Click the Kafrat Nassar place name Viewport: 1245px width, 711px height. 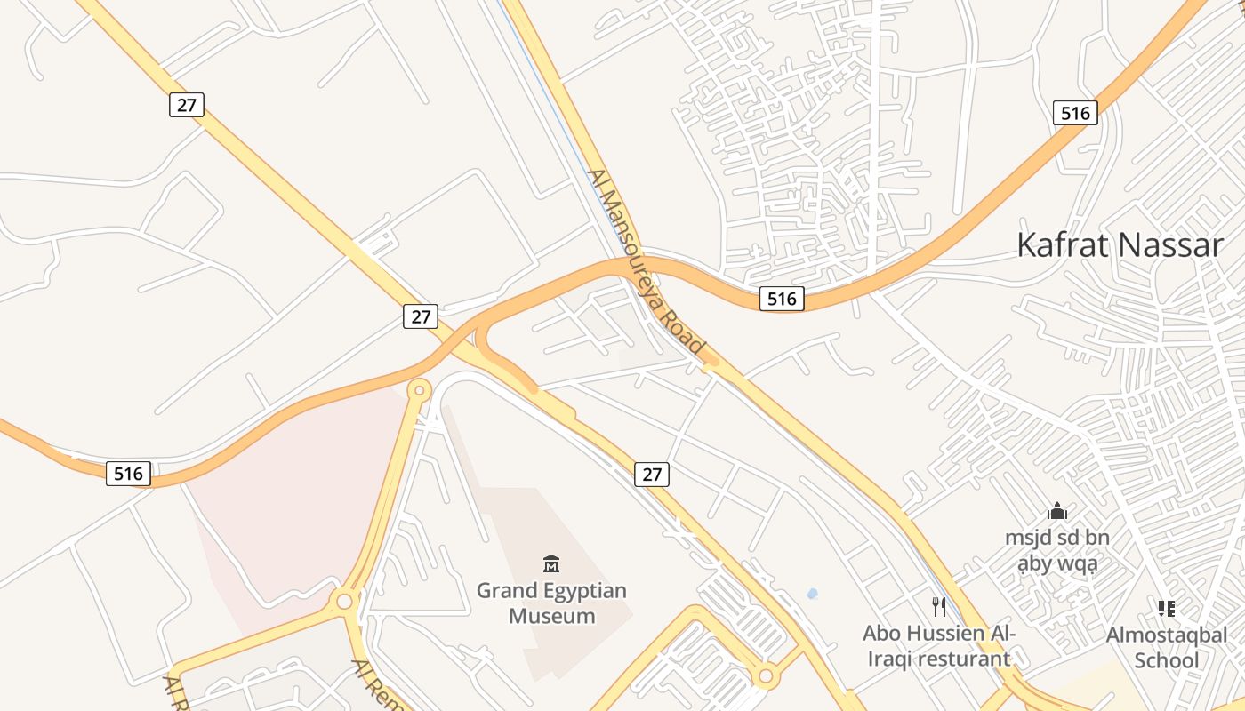[x=1120, y=244]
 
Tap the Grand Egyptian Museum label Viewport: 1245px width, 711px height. [x=551, y=603]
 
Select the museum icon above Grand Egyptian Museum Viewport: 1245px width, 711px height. [x=551, y=563]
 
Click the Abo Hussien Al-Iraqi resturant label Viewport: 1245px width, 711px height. [x=938, y=646]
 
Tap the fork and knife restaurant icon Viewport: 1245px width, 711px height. [x=939, y=607]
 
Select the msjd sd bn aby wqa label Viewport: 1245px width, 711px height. [x=1057, y=550]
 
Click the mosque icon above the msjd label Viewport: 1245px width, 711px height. [x=1057, y=511]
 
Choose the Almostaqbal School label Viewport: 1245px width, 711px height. [x=1166, y=647]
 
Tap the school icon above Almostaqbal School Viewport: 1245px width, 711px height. [x=1167, y=609]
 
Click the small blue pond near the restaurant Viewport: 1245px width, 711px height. [x=811, y=594]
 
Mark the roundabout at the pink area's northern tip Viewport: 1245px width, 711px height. [x=419, y=389]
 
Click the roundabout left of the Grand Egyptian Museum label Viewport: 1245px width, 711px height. [x=344, y=602]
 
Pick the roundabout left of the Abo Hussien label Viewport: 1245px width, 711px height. [x=765, y=677]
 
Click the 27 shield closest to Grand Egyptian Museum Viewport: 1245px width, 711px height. [x=652, y=475]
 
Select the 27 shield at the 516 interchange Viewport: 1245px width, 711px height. [x=421, y=316]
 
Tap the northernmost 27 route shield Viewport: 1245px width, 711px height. [x=187, y=105]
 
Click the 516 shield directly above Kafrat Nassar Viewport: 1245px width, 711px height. [x=1075, y=113]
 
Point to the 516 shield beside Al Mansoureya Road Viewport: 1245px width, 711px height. [x=782, y=299]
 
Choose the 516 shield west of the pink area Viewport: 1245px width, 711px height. [x=128, y=474]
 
